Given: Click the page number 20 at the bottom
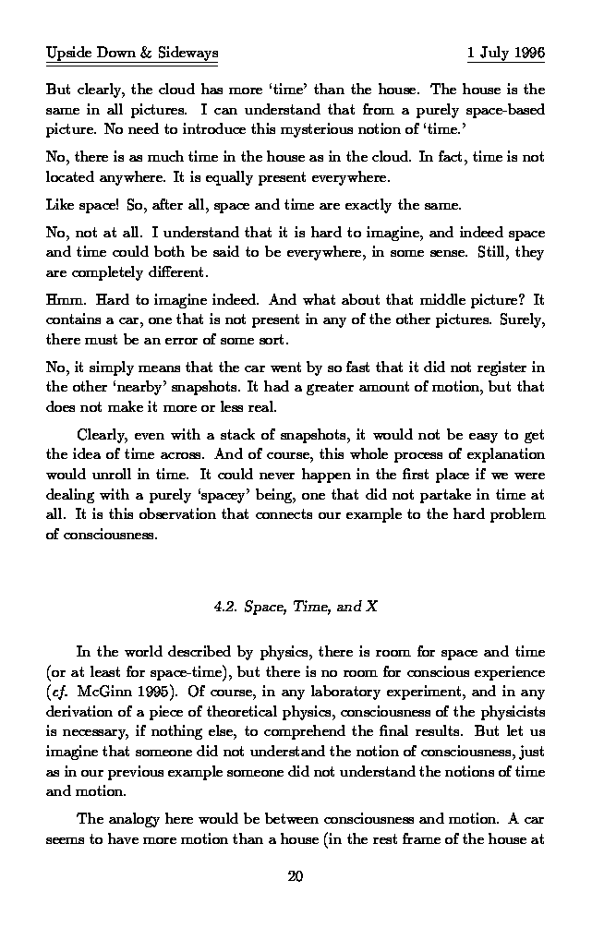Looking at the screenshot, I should coord(296,875).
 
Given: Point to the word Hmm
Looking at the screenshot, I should coord(64,301).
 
